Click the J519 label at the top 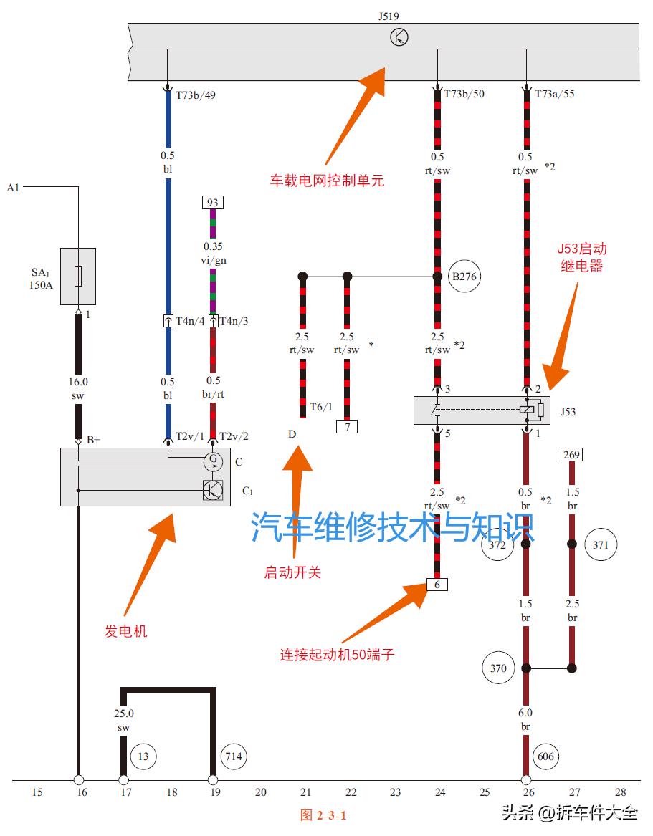[x=393, y=14]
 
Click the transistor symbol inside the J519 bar [x=399, y=37]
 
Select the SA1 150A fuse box [x=78, y=277]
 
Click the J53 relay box [x=482, y=410]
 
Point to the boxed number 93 [x=212, y=203]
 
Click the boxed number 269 [x=572, y=454]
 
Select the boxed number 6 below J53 [x=437, y=585]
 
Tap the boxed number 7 [x=347, y=427]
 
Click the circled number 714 [x=234, y=756]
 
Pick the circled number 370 [x=498, y=668]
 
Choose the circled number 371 [x=601, y=544]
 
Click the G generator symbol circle [x=213, y=462]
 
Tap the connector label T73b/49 [x=196, y=94]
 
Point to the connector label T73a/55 [x=555, y=94]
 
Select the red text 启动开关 [x=292, y=572]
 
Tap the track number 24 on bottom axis [x=440, y=792]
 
